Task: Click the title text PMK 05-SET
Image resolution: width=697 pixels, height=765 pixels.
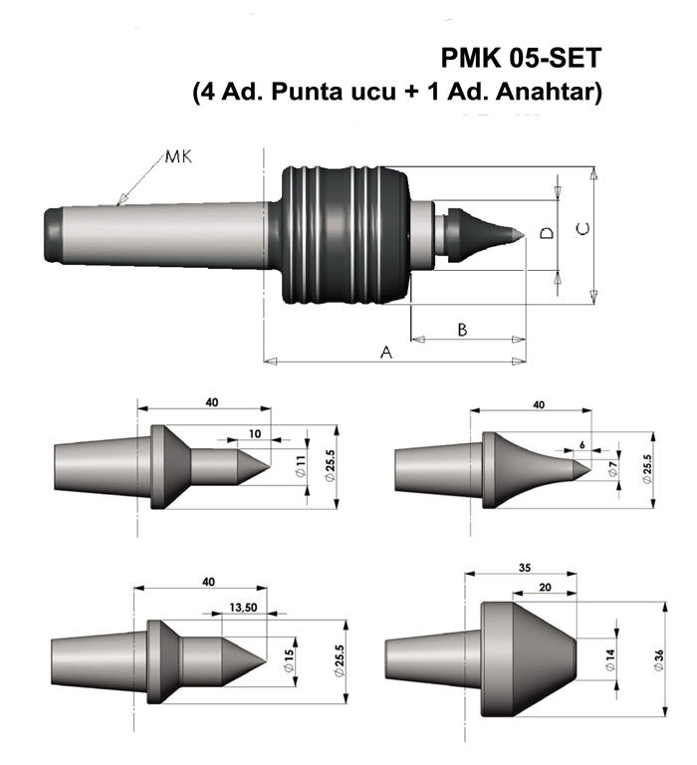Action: (x=520, y=59)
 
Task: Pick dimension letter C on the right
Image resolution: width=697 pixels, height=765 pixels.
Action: (x=584, y=230)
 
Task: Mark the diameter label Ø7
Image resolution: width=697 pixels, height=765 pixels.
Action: (x=614, y=466)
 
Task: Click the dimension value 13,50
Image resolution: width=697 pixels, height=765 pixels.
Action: (x=243, y=607)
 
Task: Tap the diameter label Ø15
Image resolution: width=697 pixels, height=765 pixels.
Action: (x=289, y=659)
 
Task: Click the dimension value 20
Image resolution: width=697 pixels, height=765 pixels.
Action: (x=543, y=589)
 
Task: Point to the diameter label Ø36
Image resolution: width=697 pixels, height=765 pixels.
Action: (x=659, y=659)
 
